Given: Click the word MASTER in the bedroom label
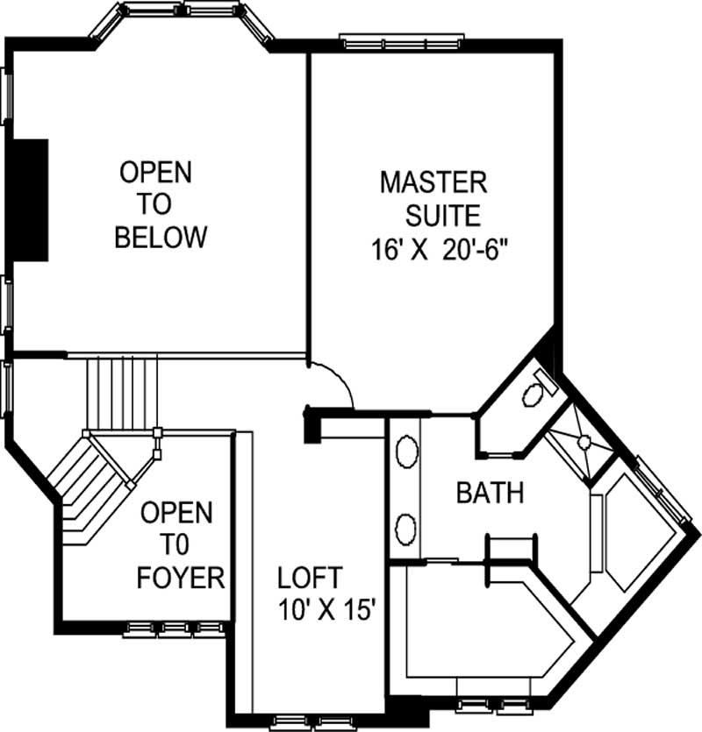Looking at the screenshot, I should pos(433,182).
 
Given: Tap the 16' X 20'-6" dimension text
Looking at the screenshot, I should pos(439,249).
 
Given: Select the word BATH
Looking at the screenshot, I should pos(490,493).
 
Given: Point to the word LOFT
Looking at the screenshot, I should pos(310,578).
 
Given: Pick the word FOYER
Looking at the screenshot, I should pos(183,578).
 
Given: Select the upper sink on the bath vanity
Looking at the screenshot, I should pos(405,454).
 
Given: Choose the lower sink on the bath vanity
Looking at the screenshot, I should pos(405,528).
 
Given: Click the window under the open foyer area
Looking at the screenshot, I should pos(174,628).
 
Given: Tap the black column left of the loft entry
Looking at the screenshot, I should pos(311,424).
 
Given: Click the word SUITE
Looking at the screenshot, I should pos(443,215).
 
